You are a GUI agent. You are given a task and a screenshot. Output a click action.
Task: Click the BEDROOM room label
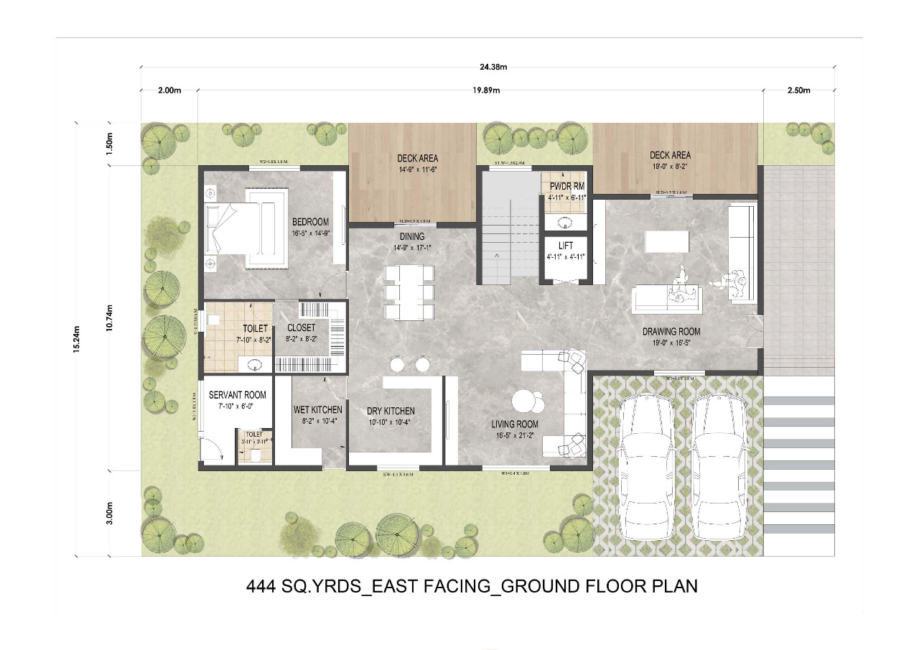[x=310, y=221]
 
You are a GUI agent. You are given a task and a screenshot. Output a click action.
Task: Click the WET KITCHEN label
[x=317, y=410]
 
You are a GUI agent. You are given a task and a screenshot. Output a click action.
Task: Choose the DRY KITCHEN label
[x=391, y=411]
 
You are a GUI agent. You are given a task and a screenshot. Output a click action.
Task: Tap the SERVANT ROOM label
[x=237, y=395]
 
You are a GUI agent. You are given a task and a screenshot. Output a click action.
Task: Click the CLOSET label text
[x=301, y=328]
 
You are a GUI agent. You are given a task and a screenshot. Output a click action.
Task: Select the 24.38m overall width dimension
[x=493, y=68]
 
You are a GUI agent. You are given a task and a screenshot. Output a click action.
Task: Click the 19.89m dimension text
[x=486, y=90]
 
